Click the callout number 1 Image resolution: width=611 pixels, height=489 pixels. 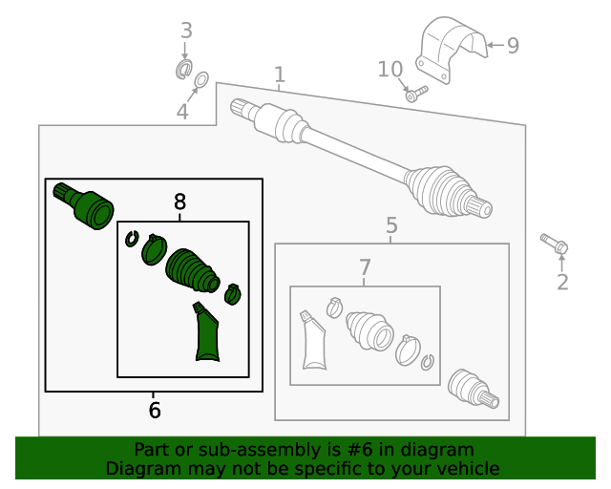click(279, 74)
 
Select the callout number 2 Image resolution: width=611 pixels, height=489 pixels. click(562, 282)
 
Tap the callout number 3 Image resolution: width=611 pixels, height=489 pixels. click(186, 32)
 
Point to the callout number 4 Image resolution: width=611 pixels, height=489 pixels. click(182, 113)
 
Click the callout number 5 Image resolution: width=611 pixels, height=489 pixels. click(391, 226)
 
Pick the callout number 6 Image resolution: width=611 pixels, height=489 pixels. click(155, 411)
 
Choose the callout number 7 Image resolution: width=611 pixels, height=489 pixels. click(365, 269)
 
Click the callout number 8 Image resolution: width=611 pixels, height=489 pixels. click(179, 202)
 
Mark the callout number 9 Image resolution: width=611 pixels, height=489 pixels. click(513, 45)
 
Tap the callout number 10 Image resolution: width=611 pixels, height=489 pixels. click(390, 70)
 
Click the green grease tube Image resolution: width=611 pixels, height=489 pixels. click(205, 334)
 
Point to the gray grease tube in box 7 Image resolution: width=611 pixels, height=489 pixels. click(313, 341)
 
